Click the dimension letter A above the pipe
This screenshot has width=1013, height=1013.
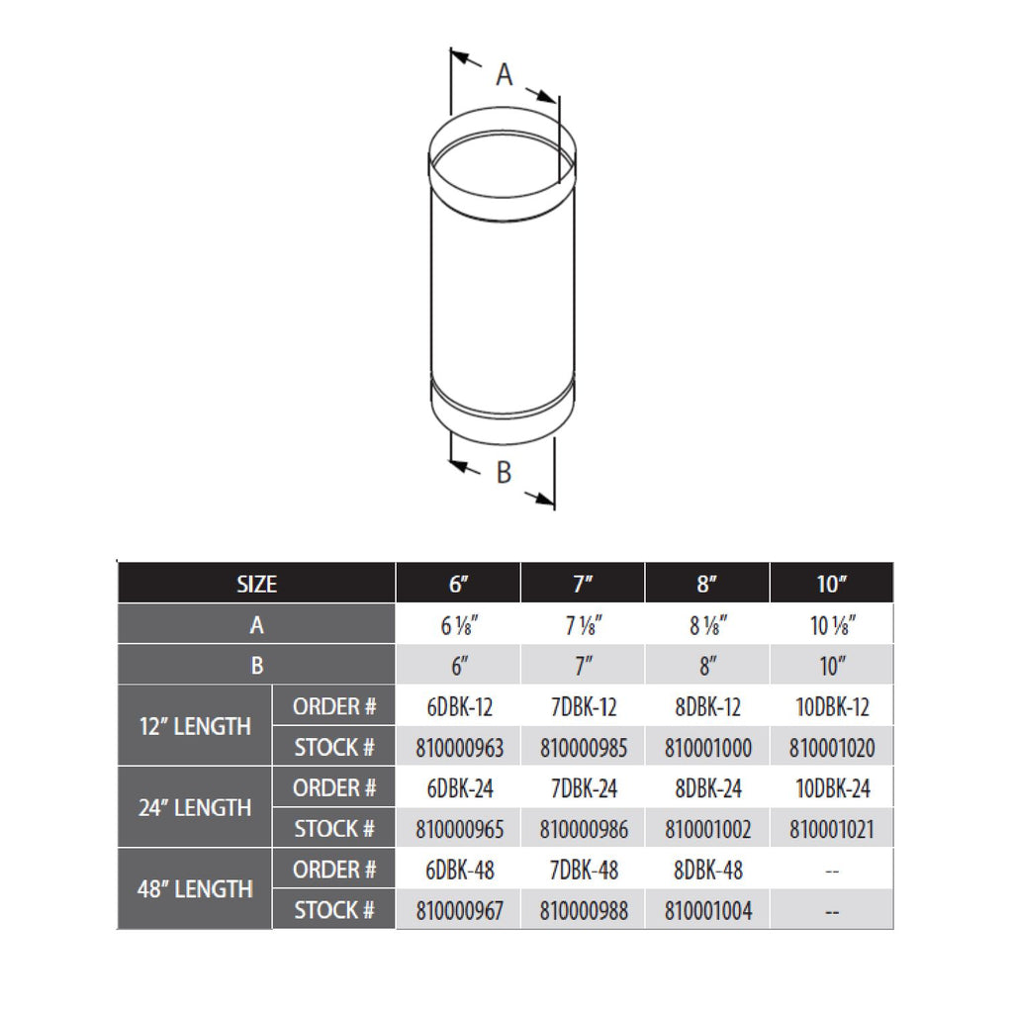pyautogui.click(x=505, y=74)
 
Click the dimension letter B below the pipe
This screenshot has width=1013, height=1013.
pyautogui.click(x=504, y=473)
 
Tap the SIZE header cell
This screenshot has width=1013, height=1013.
pyautogui.click(x=256, y=584)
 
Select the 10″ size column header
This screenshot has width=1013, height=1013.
pyautogui.click(x=831, y=584)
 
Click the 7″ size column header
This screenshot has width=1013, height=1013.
pyautogui.click(x=583, y=584)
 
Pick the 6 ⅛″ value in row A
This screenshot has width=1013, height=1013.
pyautogui.click(x=458, y=625)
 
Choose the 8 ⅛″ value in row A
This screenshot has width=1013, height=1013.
pyautogui.click(x=706, y=625)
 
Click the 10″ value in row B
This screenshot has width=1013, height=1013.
pyautogui.click(x=831, y=666)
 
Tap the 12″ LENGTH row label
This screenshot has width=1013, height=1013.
pyautogui.click(x=194, y=727)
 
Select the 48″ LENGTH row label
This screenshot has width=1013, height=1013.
pyautogui.click(x=194, y=889)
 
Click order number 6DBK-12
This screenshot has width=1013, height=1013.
pyautogui.click(x=458, y=707)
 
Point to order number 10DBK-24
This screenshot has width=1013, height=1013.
pyautogui.click(x=831, y=788)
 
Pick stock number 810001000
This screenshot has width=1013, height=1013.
pyautogui.click(x=707, y=748)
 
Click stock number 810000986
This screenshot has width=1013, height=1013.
pyautogui.click(x=583, y=829)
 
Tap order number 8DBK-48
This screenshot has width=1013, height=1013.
pyautogui.click(x=707, y=871)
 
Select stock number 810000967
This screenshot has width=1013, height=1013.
pyautogui.click(x=458, y=910)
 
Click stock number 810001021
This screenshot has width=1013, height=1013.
pyautogui.click(x=831, y=829)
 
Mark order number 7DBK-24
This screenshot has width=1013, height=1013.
pyautogui.click(x=583, y=788)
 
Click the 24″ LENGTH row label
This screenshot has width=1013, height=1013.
pyautogui.click(x=194, y=808)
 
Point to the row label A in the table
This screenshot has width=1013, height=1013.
pyautogui.click(x=256, y=625)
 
